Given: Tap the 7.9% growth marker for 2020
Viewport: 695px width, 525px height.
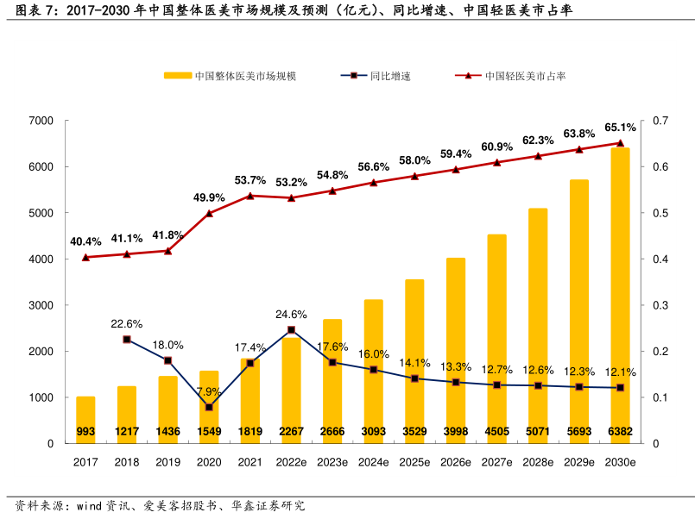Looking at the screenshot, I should click(x=209, y=407).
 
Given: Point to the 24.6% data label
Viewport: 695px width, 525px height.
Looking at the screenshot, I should click(x=291, y=314).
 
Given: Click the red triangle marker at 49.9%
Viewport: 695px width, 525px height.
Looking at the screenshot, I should click(x=209, y=213).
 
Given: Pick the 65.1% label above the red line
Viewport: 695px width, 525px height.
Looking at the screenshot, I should click(x=620, y=128).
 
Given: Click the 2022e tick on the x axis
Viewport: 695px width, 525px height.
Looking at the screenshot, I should click(x=291, y=463).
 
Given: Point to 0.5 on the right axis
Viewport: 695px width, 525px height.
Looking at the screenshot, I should click(x=660, y=213).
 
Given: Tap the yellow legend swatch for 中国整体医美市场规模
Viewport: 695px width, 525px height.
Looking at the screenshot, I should click(x=177, y=76).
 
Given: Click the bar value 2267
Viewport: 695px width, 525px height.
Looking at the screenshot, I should click(x=291, y=431).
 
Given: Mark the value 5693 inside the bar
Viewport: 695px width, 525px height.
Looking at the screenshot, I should click(x=578, y=431).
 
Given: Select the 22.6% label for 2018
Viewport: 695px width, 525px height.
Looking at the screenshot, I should click(x=127, y=324).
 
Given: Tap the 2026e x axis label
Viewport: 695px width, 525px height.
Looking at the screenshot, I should click(x=456, y=463).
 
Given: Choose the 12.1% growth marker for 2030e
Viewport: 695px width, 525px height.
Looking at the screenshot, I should click(x=620, y=388).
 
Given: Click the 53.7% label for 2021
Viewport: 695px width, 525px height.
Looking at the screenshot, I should click(x=250, y=180).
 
